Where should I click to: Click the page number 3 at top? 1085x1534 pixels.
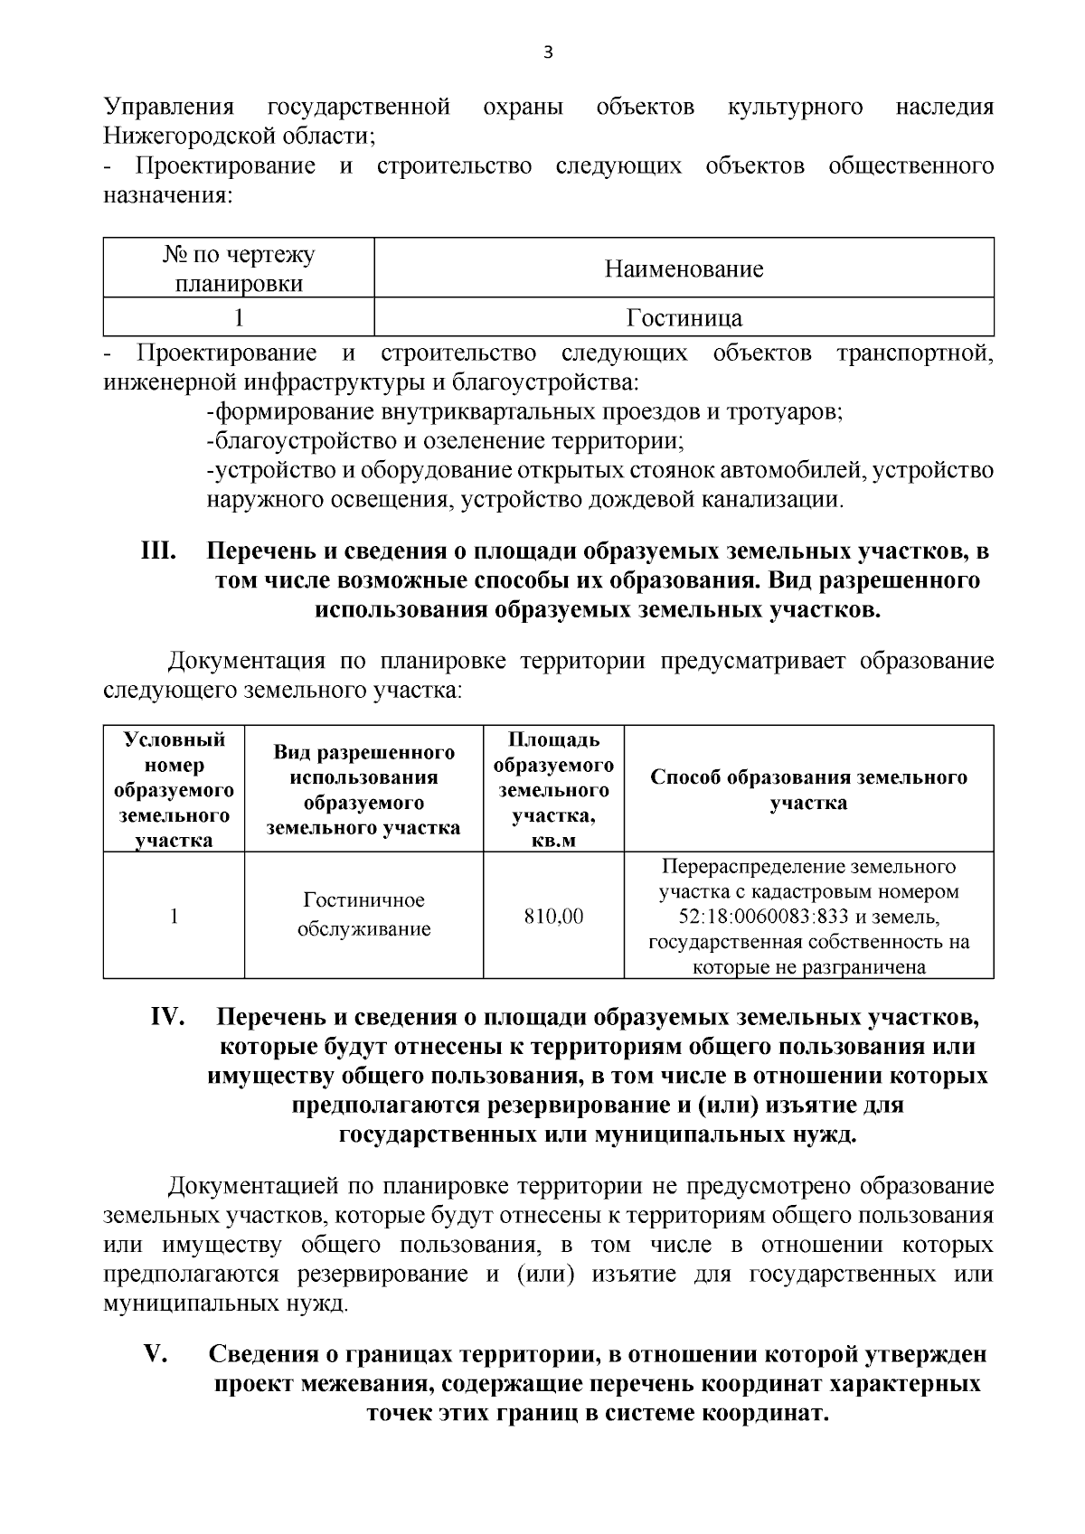point(547,52)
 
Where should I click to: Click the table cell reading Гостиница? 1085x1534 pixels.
point(684,318)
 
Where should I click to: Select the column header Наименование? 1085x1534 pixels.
point(684,268)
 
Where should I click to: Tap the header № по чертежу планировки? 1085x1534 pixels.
point(239,268)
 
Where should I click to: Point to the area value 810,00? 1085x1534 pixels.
point(554,917)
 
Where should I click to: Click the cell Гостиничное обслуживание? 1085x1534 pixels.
point(364,915)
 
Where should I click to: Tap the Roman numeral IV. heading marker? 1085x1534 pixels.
point(167,1017)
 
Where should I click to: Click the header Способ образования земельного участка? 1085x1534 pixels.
point(808,790)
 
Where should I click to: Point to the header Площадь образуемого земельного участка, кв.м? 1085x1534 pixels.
point(554,790)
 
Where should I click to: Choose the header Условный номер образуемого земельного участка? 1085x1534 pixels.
point(174,790)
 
